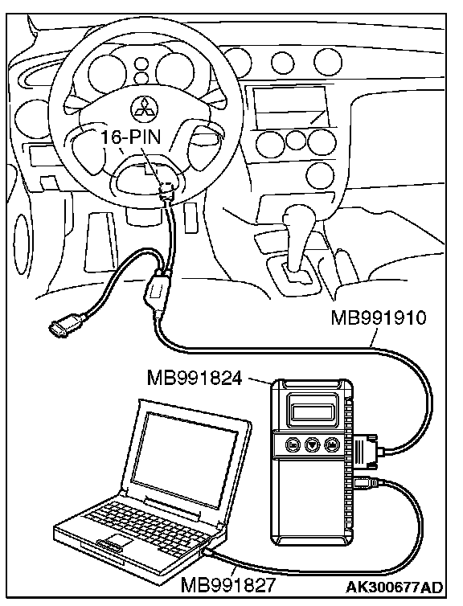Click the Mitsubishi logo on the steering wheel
(142, 109)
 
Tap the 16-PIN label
(131, 137)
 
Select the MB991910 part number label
(379, 318)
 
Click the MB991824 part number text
(195, 378)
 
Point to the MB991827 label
(228, 585)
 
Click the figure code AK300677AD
(394, 587)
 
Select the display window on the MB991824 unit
(312, 412)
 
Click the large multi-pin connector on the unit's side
(364, 450)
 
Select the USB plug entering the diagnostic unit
(365, 482)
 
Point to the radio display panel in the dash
(290, 106)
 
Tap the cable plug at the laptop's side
(209, 553)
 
